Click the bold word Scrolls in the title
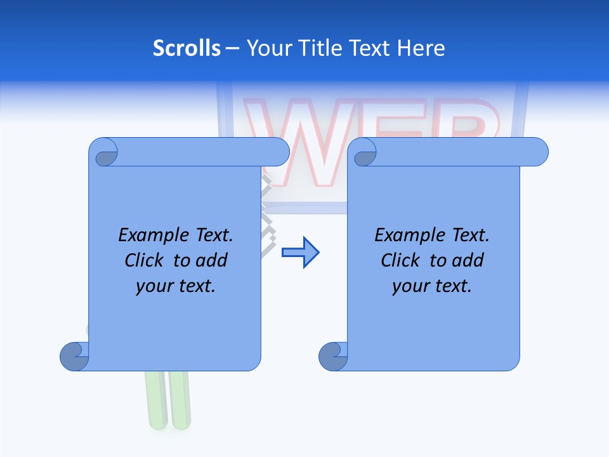click(187, 48)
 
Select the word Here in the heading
click(421, 48)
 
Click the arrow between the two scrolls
click(300, 253)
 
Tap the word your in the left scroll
click(153, 286)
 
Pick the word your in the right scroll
click(409, 286)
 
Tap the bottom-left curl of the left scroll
click(74, 356)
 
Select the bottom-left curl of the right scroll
click(333, 356)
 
